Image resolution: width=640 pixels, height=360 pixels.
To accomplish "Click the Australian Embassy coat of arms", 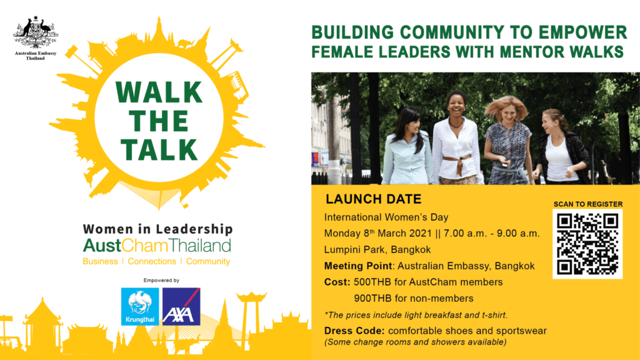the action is coord(36,32).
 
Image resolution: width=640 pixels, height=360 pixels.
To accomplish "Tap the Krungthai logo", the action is coord(140,306).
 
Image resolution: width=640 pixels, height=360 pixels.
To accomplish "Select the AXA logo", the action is coord(181,306).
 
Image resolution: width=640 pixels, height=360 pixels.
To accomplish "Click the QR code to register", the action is coord(587,244).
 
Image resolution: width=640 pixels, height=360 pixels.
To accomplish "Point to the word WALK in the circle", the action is coord(159,92).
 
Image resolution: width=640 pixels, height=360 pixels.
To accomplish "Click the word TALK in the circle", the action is coord(159,149).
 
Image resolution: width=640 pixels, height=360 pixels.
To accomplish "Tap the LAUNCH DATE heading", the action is coord(374,199).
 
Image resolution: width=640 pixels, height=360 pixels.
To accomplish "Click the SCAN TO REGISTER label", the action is coord(587,204).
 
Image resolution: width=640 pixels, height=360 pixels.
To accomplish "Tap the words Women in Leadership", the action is coord(158,229).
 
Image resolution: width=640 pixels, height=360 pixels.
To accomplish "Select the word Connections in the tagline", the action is coord(152,261).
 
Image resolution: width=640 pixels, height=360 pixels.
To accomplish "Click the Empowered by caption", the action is coord(161,281).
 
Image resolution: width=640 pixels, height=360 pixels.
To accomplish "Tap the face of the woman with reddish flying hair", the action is coord(508,112).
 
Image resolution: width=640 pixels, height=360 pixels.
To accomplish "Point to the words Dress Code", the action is coord(354,331).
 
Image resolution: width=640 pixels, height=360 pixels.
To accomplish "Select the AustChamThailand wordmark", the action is coord(157,246).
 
